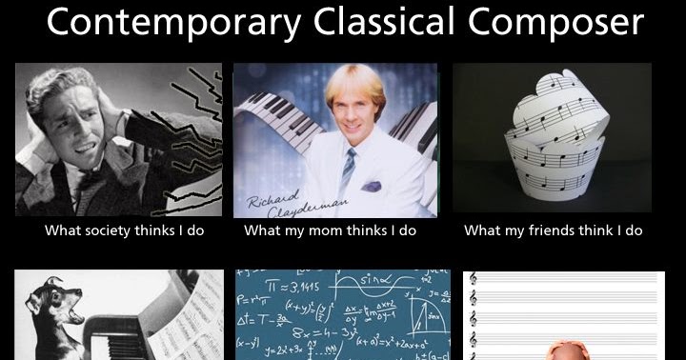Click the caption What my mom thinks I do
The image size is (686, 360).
[x=331, y=230]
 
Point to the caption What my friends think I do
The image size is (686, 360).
[x=554, y=230]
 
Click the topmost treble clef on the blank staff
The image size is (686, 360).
[x=474, y=297]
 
